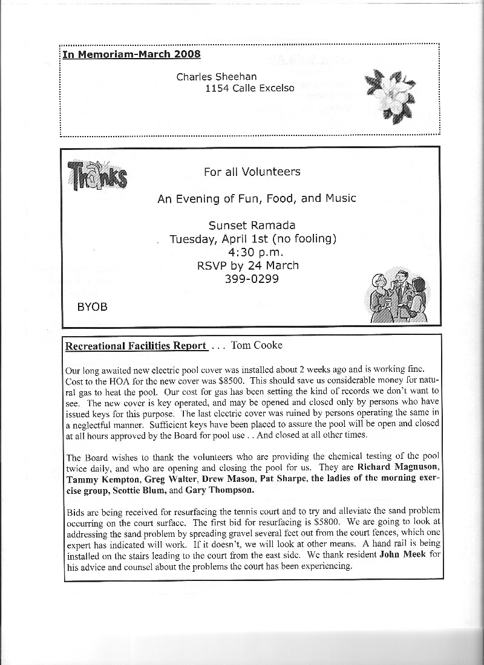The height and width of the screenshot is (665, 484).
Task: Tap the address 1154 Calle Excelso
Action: point(250,88)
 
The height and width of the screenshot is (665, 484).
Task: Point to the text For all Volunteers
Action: point(252,172)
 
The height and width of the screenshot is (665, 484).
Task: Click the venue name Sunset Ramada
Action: point(252,225)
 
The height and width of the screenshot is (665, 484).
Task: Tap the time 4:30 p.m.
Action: point(252,251)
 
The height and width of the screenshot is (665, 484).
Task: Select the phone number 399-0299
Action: point(252,278)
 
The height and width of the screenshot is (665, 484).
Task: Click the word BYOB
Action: point(92,307)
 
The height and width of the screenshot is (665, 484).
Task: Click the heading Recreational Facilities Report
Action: point(136,346)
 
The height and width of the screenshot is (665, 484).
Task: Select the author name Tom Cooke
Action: point(257,346)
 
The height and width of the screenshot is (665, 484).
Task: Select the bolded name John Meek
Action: point(402,556)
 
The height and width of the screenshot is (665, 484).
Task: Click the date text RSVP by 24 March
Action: point(248,265)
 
